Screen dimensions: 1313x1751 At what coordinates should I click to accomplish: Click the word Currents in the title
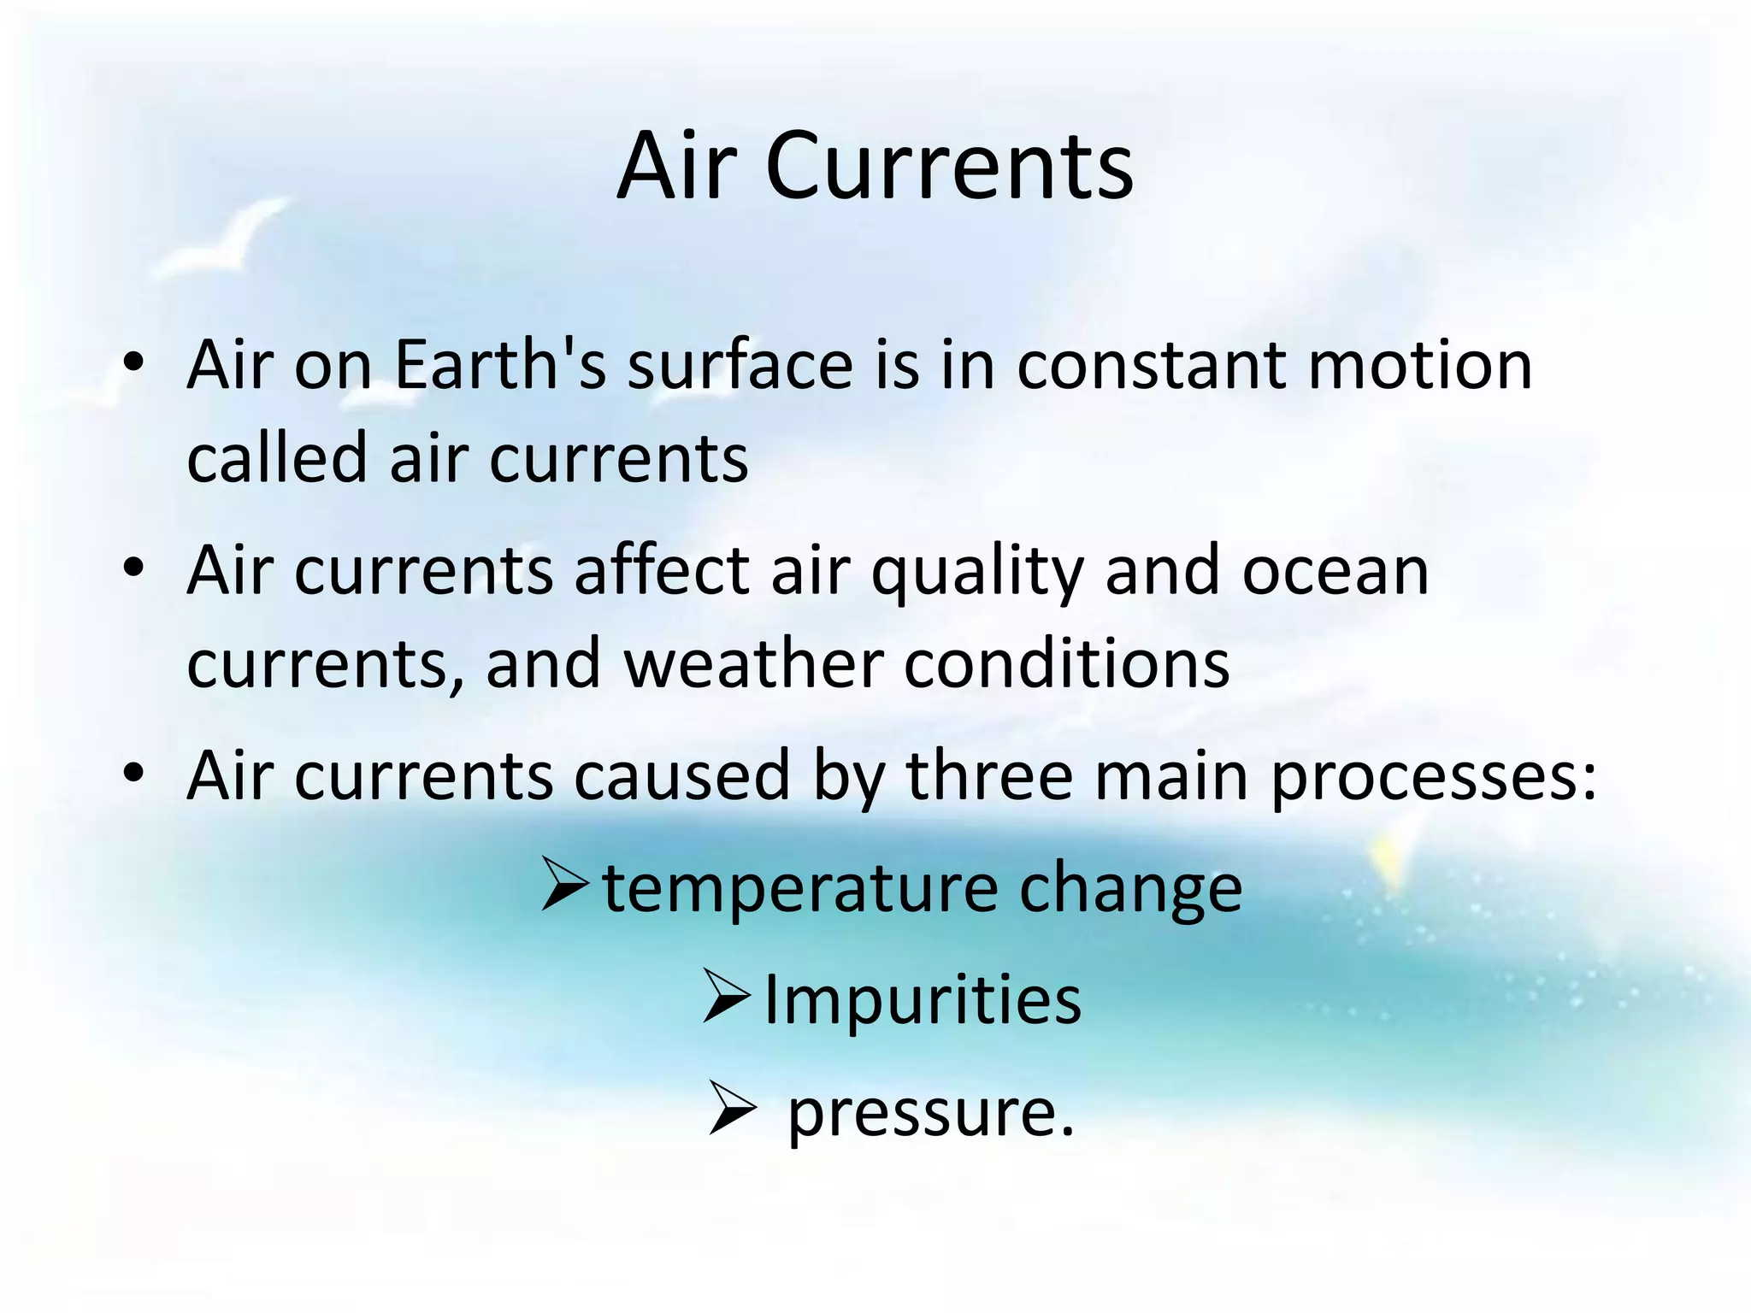pos(949,167)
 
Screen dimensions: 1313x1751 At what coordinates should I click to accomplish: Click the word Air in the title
pos(676,167)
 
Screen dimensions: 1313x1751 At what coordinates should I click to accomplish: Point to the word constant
pos(1152,365)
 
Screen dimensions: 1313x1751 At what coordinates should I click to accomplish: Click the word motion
pos(1420,365)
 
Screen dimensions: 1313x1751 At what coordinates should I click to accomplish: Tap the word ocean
pos(1335,571)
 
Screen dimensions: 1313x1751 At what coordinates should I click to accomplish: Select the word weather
pos(753,663)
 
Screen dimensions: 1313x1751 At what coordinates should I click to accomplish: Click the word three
pos(988,776)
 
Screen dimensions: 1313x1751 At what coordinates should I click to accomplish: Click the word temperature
pos(800,889)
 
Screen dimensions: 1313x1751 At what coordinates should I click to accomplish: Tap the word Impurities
pos(922,1000)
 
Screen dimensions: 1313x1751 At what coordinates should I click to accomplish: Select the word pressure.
pos(929,1113)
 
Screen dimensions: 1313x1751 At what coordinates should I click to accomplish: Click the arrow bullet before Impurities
pos(727,997)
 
